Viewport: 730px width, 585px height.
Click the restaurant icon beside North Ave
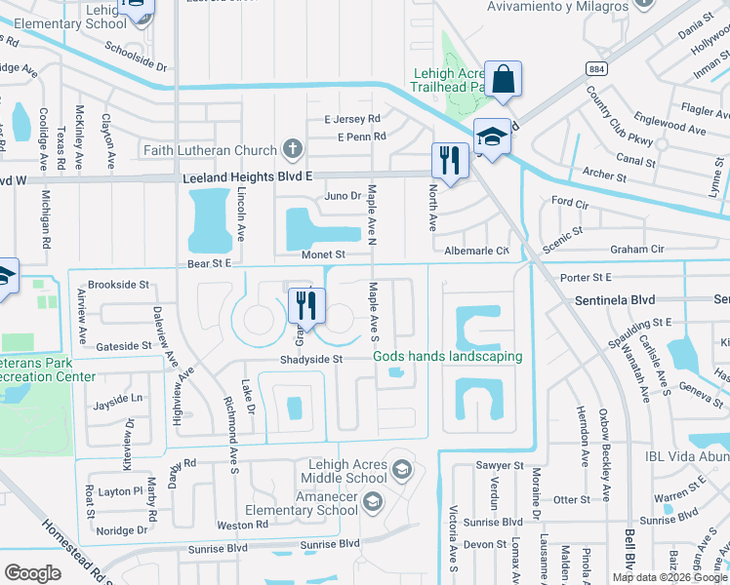[x=449, y=161]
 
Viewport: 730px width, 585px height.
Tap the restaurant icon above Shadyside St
[x=307, y=306]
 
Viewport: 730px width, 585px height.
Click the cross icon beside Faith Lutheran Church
[x=291, y=150]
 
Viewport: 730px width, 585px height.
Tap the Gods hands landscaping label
[x=448, y=357]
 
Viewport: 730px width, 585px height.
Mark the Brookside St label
[x=118, y=286]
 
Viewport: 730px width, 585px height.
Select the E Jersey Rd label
[x=352, y=120]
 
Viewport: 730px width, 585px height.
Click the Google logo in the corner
[x=33, y=573]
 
